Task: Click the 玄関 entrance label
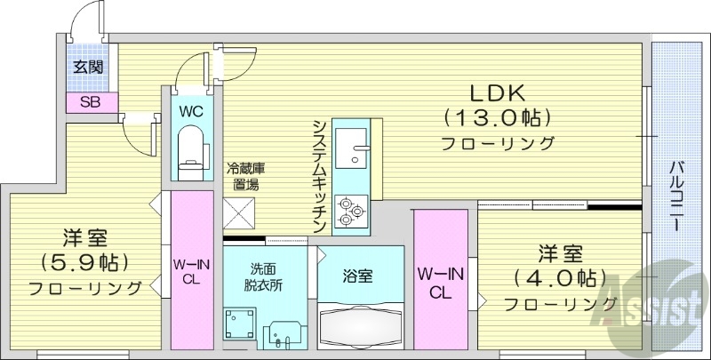point(86,68)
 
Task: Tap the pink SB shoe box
point(90,102)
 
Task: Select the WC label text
point(192,112)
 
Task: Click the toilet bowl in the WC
point(191,148)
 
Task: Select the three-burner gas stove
point(350,212)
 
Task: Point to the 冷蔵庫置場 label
point(246,176)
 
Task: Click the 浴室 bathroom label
point(358,276)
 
